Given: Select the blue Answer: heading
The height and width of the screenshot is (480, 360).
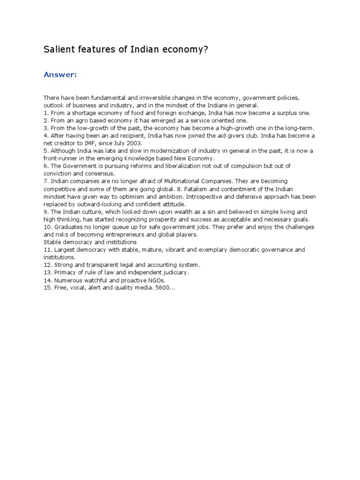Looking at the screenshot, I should coord(60,75).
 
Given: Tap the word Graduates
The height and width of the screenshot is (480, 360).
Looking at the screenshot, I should coord(67,227).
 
